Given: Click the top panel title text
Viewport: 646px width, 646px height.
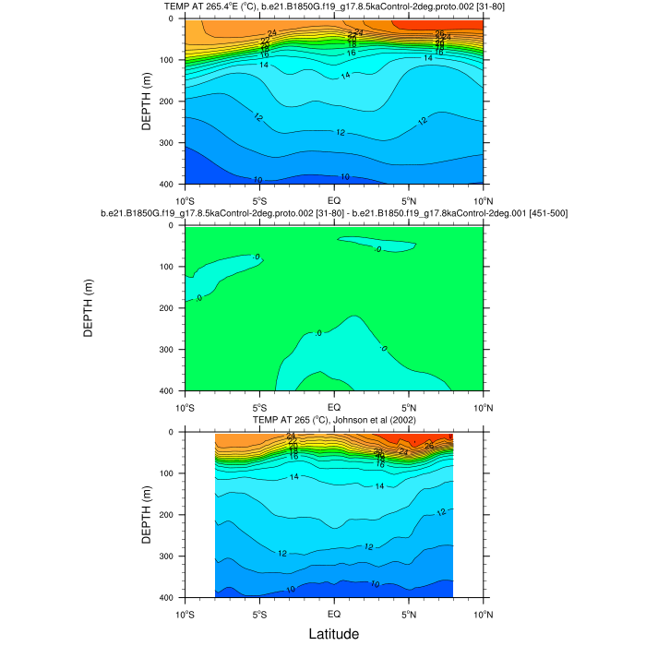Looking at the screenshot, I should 333,7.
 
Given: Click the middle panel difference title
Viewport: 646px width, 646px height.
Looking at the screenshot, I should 333,214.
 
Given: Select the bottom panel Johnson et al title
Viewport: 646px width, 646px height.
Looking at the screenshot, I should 333,421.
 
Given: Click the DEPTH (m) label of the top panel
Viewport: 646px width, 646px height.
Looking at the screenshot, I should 147,102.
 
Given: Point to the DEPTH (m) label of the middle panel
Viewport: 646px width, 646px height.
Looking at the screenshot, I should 90,308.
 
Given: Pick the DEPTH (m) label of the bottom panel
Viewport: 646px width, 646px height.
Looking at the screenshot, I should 147,515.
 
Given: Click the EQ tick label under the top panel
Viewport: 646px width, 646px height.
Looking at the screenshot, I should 334,199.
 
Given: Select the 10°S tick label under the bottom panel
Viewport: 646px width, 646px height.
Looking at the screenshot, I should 185,613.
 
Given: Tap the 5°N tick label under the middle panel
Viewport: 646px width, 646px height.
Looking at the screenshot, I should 408,406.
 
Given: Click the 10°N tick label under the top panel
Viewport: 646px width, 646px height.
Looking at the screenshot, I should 482,199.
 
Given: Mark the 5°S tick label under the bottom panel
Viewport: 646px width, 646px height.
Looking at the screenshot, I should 259,613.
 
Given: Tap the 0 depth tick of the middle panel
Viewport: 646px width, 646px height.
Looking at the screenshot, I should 176,226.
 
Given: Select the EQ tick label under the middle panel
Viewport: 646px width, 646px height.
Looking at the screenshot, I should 334,406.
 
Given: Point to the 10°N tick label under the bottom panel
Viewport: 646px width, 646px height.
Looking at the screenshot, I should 482,613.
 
